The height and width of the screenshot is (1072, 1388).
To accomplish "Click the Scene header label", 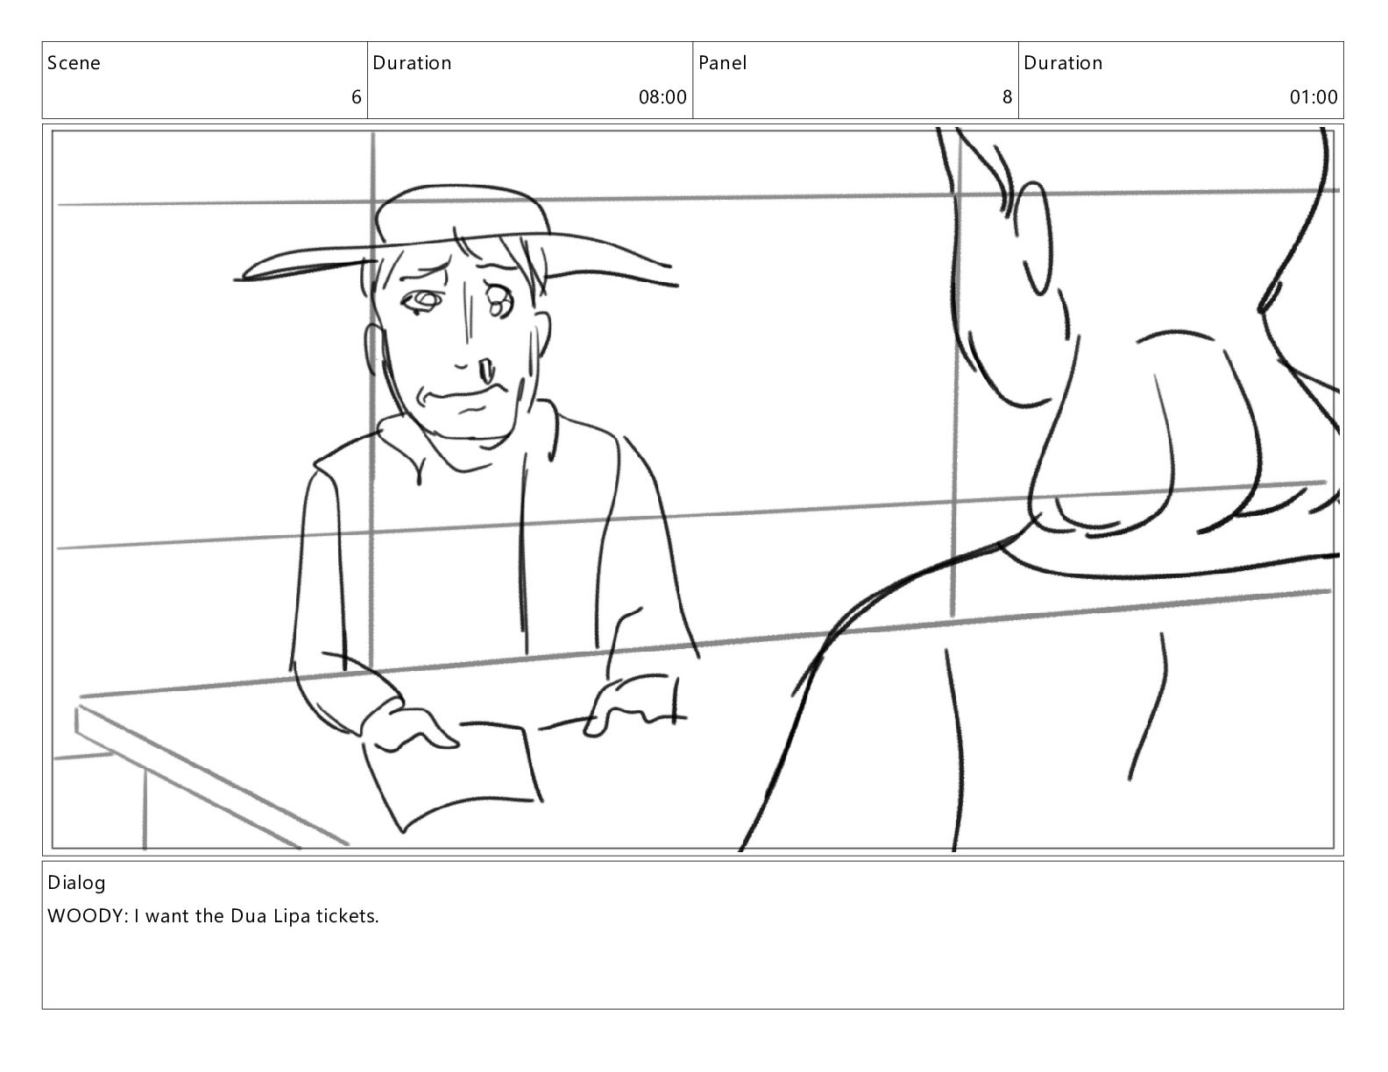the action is coord(74,62).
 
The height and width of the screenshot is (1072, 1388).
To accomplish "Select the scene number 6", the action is coord(357,97).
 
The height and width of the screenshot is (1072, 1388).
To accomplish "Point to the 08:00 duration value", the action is coord(662,97).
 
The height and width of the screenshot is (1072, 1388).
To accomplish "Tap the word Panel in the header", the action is coord(722,62).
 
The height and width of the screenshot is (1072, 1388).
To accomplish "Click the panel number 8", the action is coord(1008,97).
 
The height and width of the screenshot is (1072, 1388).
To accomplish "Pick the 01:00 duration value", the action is coord(1314,97).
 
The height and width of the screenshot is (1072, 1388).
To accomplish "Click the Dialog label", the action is coord(76,883).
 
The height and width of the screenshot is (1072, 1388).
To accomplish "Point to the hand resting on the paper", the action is coord(410,727).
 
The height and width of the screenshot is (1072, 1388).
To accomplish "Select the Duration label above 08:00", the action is coord(412,62).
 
